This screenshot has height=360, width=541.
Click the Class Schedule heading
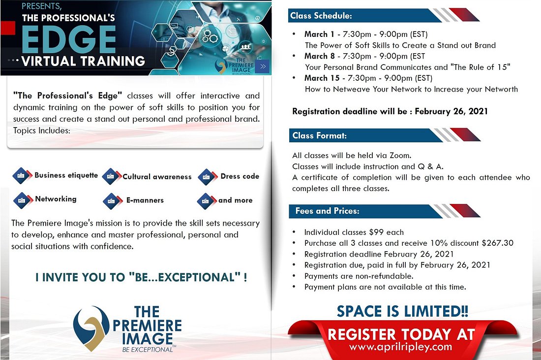pyautogui.click(x=321, y=16)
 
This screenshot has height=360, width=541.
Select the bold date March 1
pyautogui.click(x=319, y=34)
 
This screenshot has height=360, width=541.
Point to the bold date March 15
pyautogui.click(x=322, y=78)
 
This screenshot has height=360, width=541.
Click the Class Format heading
pyautogui.click(x=320, y=135)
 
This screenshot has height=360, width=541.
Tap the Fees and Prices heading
pyautogui.click(x=327, y=211)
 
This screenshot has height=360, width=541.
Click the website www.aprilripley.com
pyautogui.click(x=400, y=347)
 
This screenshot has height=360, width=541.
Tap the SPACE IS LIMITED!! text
pyautogui.click(x=402, y=311)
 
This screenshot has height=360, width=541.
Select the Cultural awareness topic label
pyautogui.click(x=157, y=176)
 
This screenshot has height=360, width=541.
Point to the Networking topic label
pyautogui.click(x=56, y=199)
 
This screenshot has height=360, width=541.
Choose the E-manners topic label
pyautogui.click(x=145, y=200)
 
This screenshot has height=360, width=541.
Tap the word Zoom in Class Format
pyautogui.click(x=400, y=156)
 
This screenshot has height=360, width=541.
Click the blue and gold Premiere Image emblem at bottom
pyautogui.click(x=91, y=328)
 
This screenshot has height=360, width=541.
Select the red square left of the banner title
pyautogui.click(x=8, y=28)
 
